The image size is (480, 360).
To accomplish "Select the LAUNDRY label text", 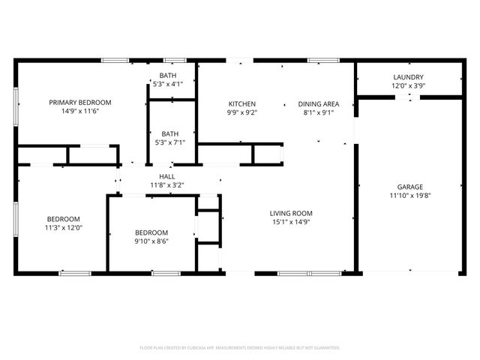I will [x=409, y=77].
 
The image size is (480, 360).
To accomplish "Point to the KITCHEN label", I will [x=242, y=103].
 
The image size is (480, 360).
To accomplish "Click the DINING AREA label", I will [x=319, y=103].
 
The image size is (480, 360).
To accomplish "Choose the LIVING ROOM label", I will [x=291, y=213].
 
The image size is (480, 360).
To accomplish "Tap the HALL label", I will [x=166, y=175].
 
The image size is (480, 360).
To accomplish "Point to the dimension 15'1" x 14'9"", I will [x=291, y=222].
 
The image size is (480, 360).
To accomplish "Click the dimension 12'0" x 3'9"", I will [x=409, y=86].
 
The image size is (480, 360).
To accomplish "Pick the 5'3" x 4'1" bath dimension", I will [x=168, y=84].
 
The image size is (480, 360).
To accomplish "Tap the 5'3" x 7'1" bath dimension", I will [x=169, y=142].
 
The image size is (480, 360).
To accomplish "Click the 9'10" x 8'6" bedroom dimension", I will [x=151, y=241].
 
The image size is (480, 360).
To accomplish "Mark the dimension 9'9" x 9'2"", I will [x=242, y=112].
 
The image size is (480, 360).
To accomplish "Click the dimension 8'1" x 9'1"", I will [x=319, y=112].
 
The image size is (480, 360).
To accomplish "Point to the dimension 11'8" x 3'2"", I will [x=166, y=184].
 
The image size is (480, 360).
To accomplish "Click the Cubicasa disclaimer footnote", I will [x=240, y=348].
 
